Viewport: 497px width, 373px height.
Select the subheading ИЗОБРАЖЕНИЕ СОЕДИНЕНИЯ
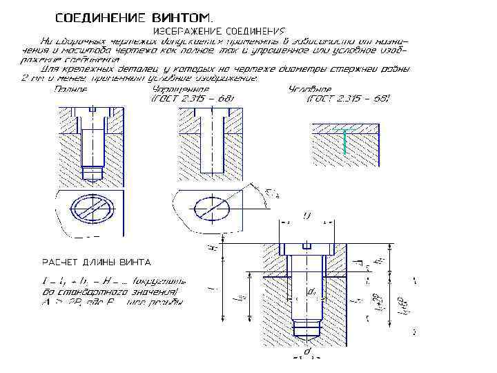(218, 32)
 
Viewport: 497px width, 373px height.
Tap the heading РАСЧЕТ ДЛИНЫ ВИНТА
(97, 262)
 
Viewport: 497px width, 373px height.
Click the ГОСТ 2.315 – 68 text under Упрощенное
(192, 99)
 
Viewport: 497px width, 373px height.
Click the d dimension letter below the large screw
(308, 351)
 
